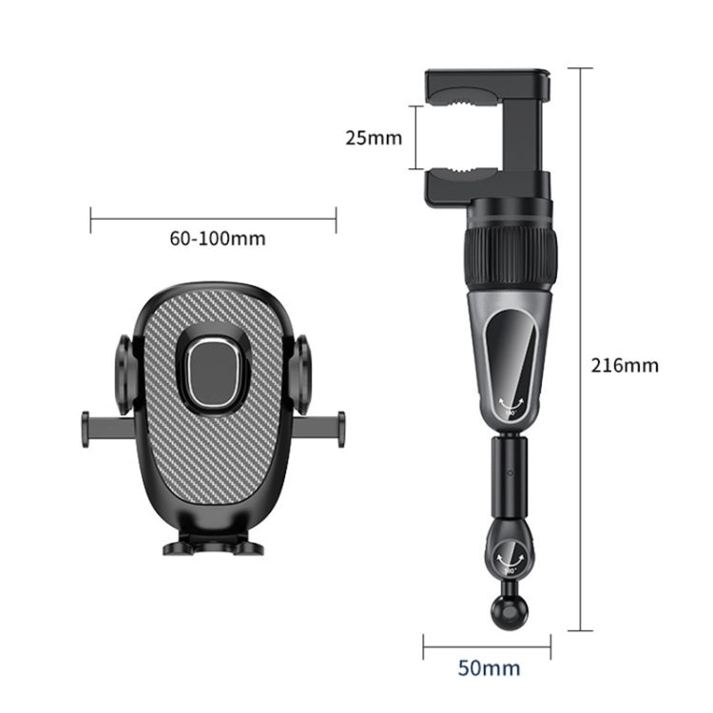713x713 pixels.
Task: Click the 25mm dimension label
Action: click(373, 138)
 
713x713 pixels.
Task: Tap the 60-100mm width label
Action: click(218, 239)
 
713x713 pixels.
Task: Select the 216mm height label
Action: click(625, 363)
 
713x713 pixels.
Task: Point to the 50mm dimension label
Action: click(489, 667)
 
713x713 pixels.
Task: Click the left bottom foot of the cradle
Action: click(179, 547)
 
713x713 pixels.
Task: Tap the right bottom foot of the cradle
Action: click(248, 547)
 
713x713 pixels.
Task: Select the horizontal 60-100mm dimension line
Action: click(213, 221)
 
